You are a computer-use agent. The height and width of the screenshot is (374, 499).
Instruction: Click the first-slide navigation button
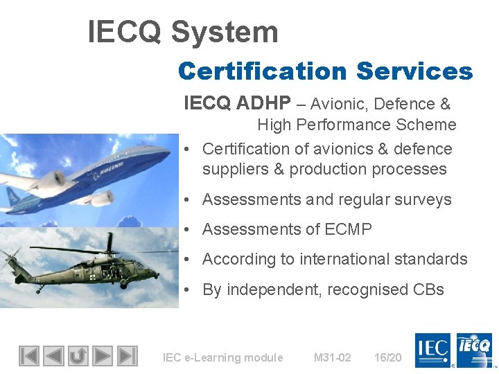(x=28, y=356)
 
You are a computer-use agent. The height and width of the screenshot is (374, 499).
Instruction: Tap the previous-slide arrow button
(x=53, y=356)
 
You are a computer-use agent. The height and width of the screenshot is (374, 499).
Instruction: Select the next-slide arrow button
(x=102, y=356)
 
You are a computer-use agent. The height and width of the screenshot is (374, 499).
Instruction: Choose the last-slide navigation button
(x=127, y=356)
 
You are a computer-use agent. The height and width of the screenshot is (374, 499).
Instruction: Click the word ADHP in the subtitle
(x=264, y=104)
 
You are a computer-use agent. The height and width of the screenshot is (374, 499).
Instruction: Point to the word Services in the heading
(x=414, y=71)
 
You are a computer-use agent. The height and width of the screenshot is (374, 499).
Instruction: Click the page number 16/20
(x=387, y=357)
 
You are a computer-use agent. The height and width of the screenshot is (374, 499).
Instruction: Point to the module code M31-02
(x=332, y=357)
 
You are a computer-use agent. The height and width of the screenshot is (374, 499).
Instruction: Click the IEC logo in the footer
(x=432, y=349)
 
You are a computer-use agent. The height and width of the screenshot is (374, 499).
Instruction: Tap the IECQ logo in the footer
(x=474, y=349)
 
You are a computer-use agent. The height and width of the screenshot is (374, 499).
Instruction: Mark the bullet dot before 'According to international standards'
(x=189, y=260)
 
